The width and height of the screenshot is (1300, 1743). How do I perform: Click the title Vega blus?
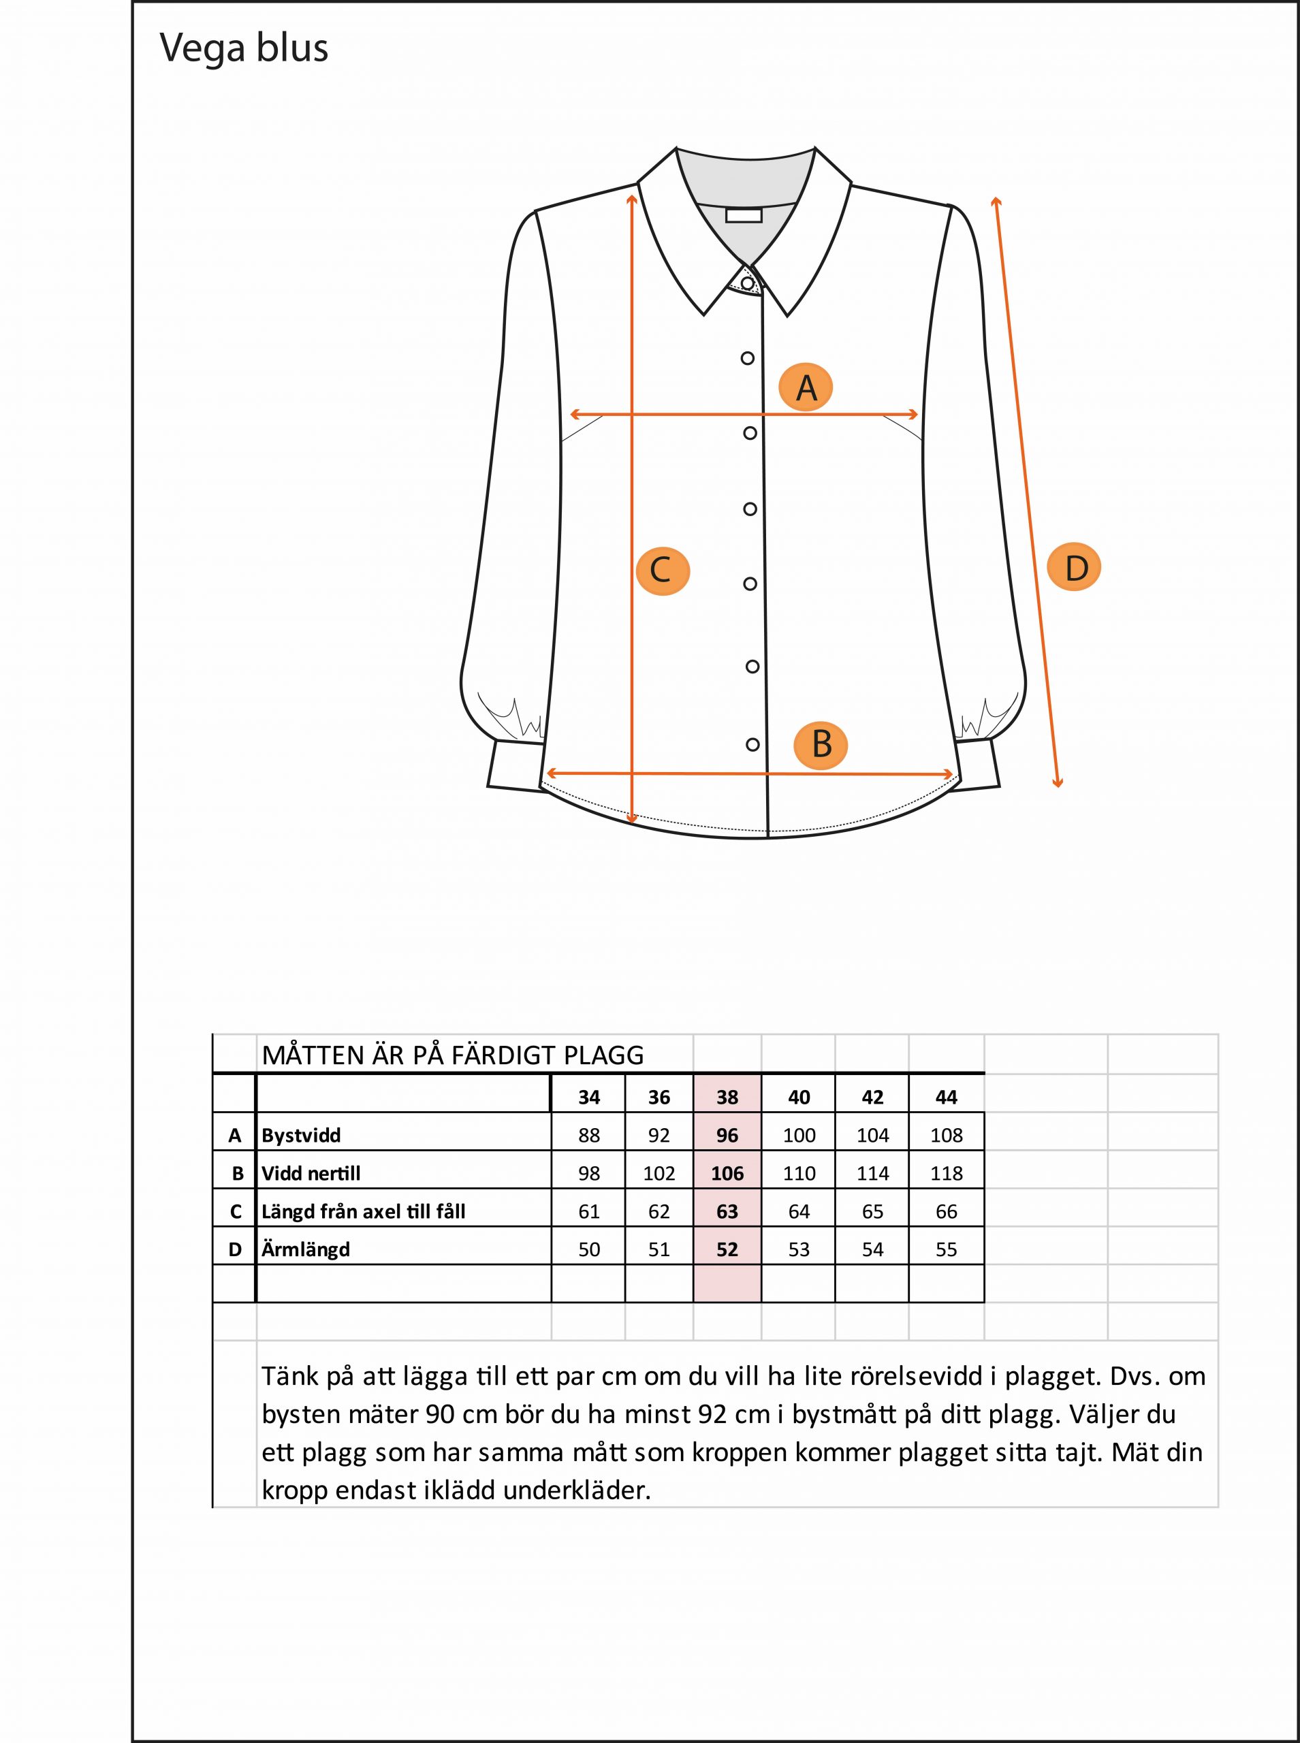[x=244, y=48]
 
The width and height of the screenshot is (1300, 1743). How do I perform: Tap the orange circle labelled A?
[x=806, y=388]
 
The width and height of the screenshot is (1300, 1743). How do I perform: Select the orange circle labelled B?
[x=821, y=744]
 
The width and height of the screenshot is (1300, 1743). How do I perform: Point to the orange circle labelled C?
[x=662, y=571]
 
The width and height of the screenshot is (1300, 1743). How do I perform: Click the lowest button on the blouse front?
[x=752, y=744]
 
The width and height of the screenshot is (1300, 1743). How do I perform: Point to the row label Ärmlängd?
[x=305, y=1249]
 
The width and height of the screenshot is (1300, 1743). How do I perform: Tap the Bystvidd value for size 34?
[x=588, y=1135]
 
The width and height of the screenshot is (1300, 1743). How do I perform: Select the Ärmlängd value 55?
[x=946, y=1249]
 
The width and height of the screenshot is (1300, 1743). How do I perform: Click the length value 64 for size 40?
[x=799, y=1211]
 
